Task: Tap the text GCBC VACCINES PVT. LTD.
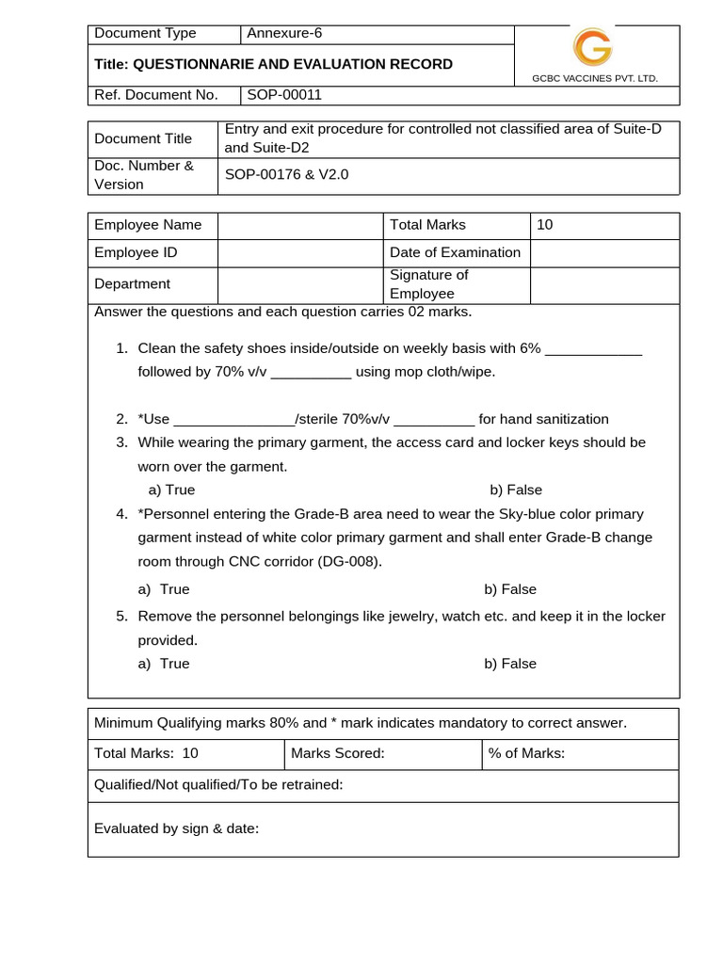(x=595, y=78)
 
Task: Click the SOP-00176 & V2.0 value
(x=286, y=174)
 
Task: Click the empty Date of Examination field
(x=603, y=252)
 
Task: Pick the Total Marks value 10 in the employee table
(x=545, y=225)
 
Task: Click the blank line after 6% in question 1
(x=593, y=349)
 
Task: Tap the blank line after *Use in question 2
(x=234, y=420)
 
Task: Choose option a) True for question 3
(x=172, y=490)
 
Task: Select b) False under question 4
(x=510, y=589)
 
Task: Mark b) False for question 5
(x=510, y=664)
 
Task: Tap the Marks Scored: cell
(x=338, y=753)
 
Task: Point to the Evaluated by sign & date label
(x=176, y=828)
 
